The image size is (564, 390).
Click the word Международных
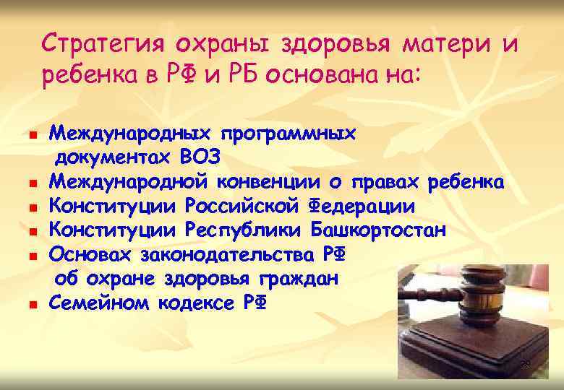129,134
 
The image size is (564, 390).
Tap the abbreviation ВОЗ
200,157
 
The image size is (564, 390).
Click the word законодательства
228,255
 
